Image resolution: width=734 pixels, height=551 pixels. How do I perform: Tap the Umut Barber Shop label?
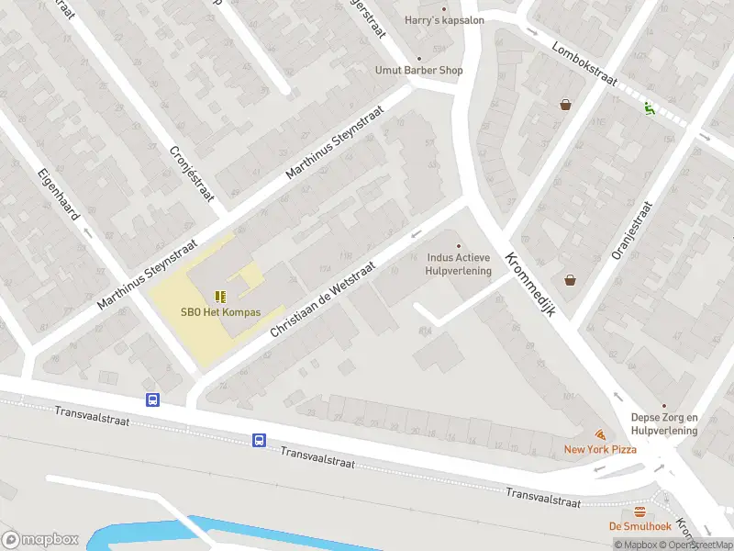(418, 70)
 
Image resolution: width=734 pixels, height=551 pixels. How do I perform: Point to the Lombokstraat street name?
(585, 63)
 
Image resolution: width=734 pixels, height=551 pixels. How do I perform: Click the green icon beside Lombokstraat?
(650, 107)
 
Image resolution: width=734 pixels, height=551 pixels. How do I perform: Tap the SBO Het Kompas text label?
(220, 312)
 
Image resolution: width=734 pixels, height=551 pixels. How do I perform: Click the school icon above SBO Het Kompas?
(219, 296)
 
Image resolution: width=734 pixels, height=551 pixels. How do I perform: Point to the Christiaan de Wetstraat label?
(324, 282)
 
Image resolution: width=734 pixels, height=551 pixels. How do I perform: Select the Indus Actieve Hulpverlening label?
(459, 264)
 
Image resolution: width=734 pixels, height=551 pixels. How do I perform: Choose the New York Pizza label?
(600, 449)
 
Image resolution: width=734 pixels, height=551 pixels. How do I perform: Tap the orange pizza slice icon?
(600, 433)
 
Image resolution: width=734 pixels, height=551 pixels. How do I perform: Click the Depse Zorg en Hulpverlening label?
(664, 423)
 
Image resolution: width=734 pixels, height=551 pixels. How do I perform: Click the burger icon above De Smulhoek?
(639, 512)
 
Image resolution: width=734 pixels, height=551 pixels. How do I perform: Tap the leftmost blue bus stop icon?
(152, 399)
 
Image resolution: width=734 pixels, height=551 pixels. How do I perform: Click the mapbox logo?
(40, 540)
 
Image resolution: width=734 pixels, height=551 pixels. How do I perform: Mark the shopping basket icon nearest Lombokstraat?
(566, 105)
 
